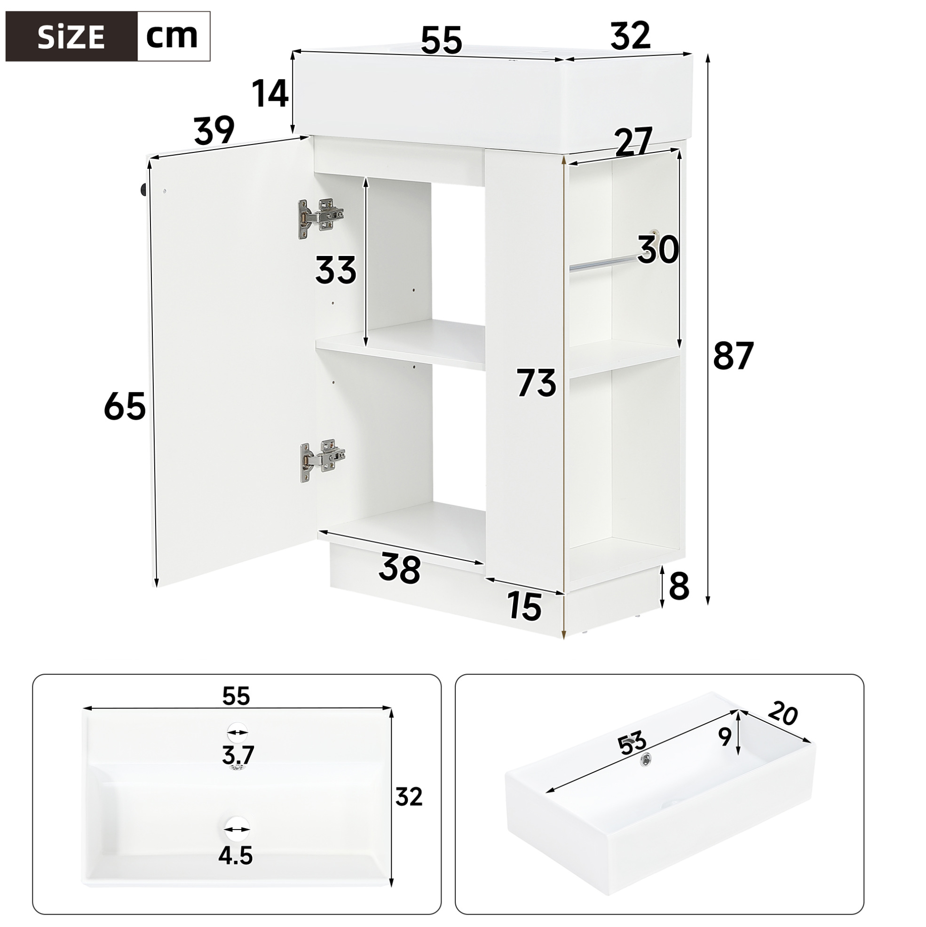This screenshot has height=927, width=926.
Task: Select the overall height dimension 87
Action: [x=734, y=356]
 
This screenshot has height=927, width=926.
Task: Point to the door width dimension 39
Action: [x=214, y=130]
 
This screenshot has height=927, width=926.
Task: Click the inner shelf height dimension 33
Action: [x=336, y=271]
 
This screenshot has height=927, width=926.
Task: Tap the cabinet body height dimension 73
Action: [x=536, y=383]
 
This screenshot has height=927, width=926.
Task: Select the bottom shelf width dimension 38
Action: [x=399, y=568]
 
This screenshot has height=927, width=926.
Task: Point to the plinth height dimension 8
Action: [x=679, y=586]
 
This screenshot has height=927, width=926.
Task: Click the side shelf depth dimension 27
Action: [x=633, y=142]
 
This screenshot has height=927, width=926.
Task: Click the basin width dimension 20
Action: [x=783, y=715]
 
